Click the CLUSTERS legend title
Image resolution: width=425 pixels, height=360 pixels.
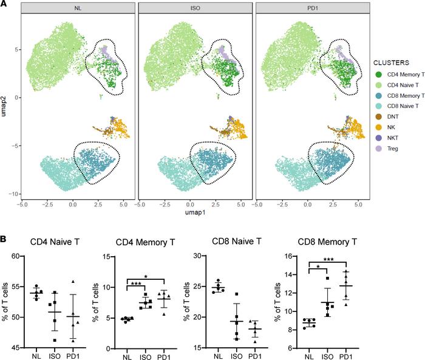tap(395, 61)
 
